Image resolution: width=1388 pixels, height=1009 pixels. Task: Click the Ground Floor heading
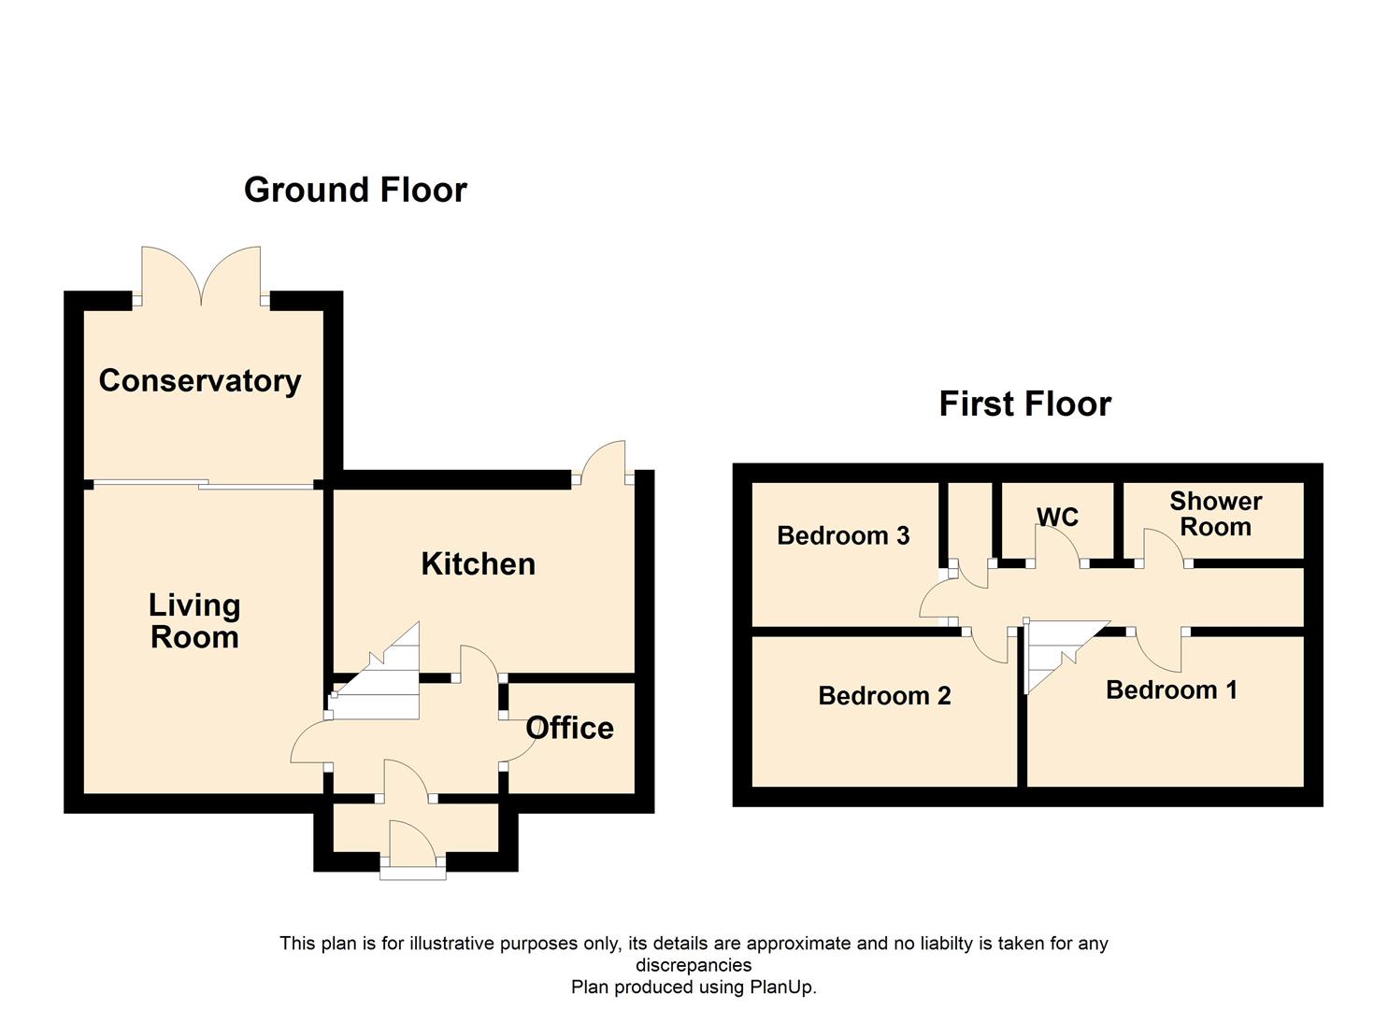pos(355,190)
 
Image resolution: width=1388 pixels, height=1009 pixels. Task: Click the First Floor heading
pos(1024,404)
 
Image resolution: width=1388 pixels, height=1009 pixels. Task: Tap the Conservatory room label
pos(200,381)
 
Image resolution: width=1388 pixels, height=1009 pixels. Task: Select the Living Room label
pos(194,621)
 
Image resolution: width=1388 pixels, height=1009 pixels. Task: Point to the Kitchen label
pos(478,563)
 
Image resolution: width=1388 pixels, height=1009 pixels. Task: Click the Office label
pos(569,728)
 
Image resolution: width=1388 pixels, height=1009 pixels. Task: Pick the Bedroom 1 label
pos(1171,690)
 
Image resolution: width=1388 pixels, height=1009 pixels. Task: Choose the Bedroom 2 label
pos(884,696)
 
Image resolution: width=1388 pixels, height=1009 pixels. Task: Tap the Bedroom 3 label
pos(843,535)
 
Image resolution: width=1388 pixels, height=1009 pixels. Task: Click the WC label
pos(1057,517)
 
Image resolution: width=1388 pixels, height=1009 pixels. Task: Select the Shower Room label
pos(1215,514)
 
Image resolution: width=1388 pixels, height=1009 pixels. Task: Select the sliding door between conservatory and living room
pos(204,484)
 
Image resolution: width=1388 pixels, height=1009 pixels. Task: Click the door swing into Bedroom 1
pos(1158,651)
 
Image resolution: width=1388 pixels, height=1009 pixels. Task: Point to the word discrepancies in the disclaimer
pos(694,965)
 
